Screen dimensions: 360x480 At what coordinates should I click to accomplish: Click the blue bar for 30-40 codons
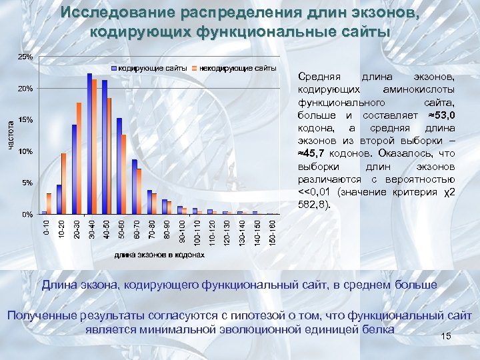coord(89,144)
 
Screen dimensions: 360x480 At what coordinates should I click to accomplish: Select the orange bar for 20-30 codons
coord(79,159)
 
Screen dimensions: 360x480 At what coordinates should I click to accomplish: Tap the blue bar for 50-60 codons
coord(119,167)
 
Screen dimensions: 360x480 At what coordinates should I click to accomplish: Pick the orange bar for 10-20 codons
coord(64,184)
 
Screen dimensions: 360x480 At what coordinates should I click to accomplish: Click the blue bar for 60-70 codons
coord(134,187)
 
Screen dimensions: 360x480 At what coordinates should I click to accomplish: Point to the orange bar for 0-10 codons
coord(49,204)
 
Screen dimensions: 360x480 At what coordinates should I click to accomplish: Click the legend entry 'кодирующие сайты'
coord(149,68)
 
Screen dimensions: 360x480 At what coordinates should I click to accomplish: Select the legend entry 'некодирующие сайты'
coord(234,68)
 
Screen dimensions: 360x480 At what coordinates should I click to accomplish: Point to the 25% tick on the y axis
coord(24,57)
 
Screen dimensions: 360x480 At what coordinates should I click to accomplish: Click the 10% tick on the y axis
coord(24,151)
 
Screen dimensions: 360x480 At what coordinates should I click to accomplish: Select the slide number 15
coord(447,337)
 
